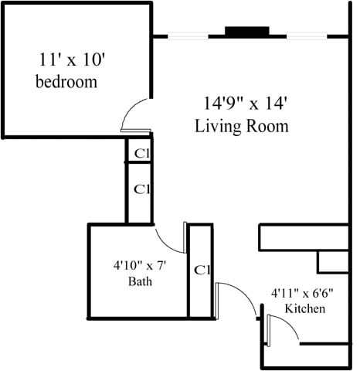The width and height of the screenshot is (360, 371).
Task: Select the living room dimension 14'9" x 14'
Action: coord(241,103)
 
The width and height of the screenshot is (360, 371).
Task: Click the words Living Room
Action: coord(241,125)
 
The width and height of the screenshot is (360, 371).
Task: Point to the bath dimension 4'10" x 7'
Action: coord(140,267)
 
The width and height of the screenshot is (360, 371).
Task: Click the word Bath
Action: coord(140,281)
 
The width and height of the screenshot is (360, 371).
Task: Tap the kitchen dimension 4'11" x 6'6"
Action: coord(304,294)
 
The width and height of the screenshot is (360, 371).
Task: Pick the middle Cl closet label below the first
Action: coord(141,189)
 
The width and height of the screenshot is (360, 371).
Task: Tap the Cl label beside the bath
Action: coord(202,271)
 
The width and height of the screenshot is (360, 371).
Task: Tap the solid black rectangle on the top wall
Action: coord(246,32)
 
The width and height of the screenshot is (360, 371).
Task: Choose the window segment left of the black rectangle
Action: coord(188,36)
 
